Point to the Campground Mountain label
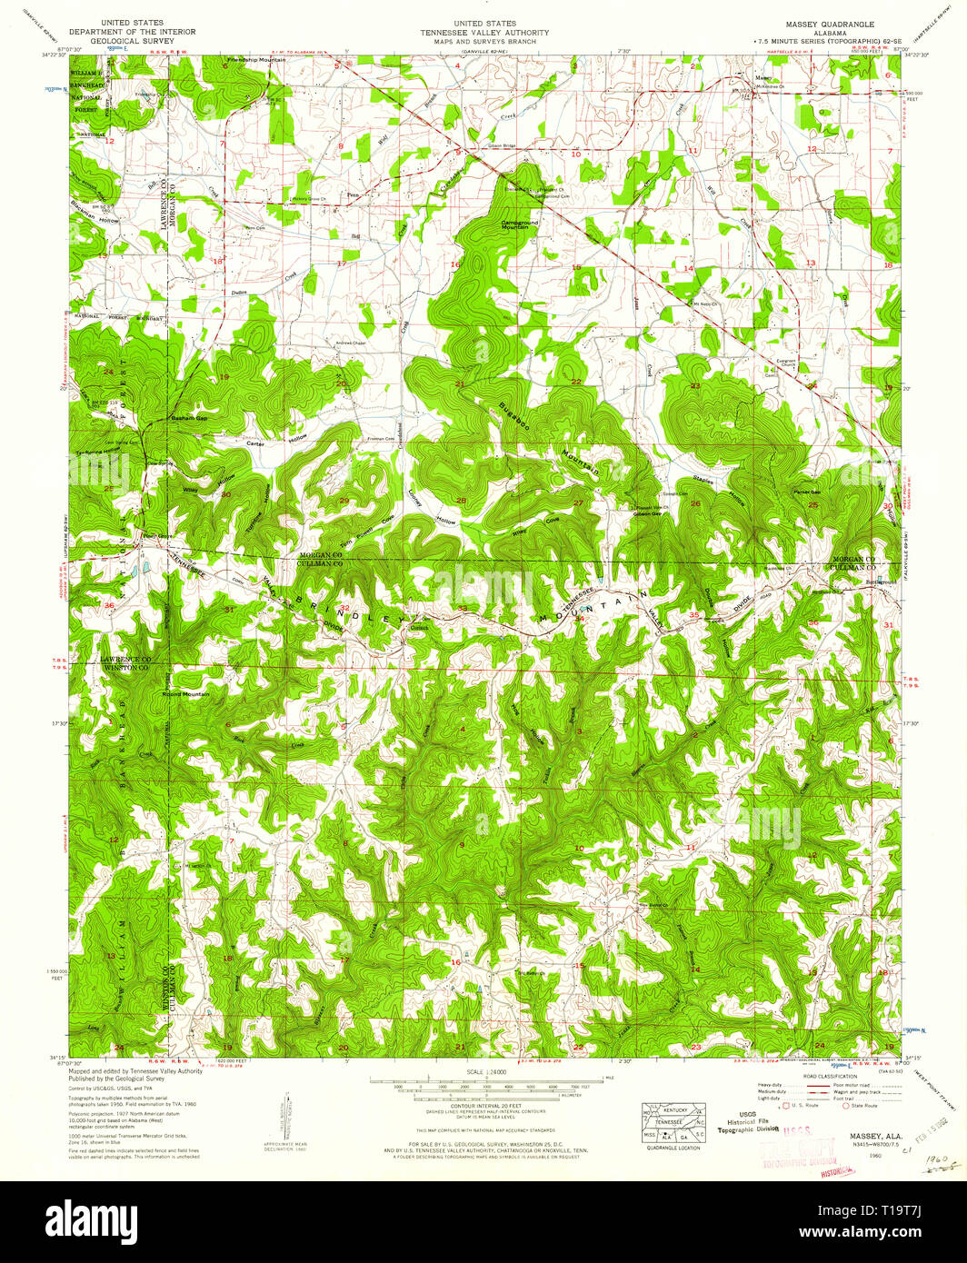click(520, 224)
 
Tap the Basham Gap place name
click(190, 418)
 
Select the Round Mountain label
click(185, 694)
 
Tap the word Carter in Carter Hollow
click(254, 443)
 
